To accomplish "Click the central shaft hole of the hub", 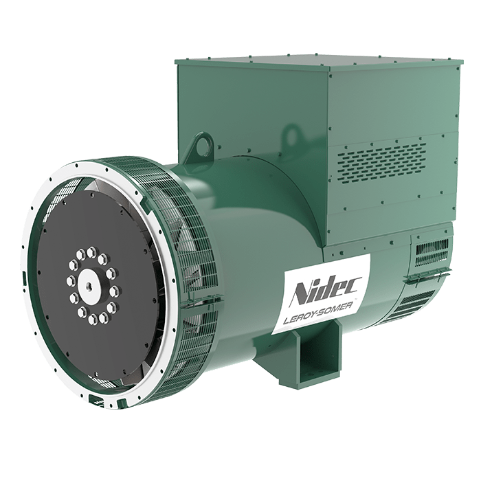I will pyautogui.click(x=90, y=282).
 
